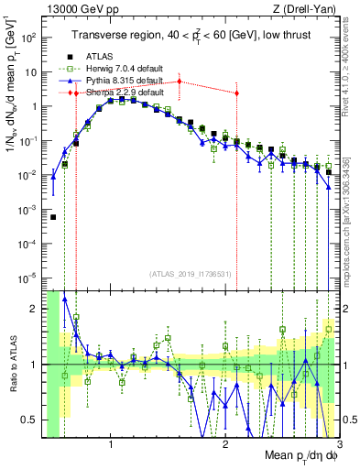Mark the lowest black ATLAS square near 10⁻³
(x=53, y=217)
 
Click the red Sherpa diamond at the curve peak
(x=180, y=82)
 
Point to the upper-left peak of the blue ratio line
(x=64, y=298)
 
